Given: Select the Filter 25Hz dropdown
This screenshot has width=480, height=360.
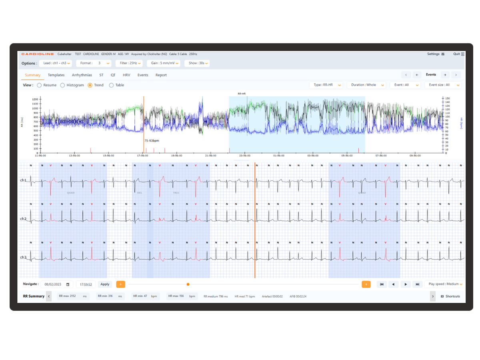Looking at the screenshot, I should [129, 63].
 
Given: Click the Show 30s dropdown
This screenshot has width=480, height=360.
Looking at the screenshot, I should [198, 63].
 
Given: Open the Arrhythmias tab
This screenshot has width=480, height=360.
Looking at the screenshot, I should [82, 75].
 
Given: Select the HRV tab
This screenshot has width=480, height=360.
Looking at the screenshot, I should [126, 75].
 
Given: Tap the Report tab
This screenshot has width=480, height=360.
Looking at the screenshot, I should [161, 75].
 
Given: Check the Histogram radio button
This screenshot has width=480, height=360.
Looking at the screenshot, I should [63, 85].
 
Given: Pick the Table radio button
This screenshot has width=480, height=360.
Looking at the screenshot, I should [111, 85].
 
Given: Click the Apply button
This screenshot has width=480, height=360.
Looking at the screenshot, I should [105, 284].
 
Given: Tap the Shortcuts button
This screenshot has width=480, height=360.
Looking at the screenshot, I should [450, 296].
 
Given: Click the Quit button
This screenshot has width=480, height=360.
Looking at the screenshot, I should [458, 54].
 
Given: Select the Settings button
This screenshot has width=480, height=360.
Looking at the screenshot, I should [436, 54].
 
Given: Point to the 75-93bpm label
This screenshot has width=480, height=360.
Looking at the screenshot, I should [152, 141].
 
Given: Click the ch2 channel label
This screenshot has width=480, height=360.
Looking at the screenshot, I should [24, 219].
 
